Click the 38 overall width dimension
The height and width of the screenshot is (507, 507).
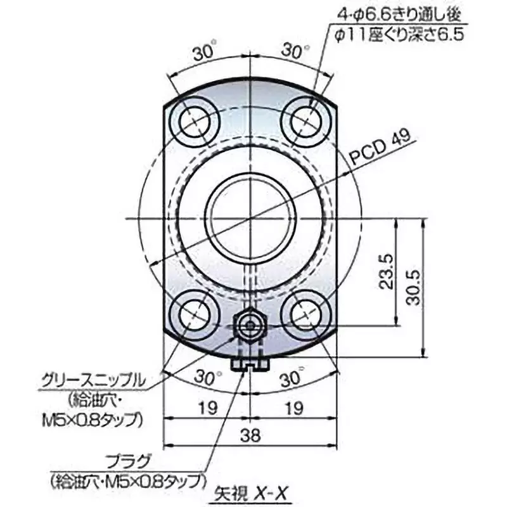pyautogui.click(x=251, y=434)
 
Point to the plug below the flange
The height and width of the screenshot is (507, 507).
pyautogui.click(x=252, y=364)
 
